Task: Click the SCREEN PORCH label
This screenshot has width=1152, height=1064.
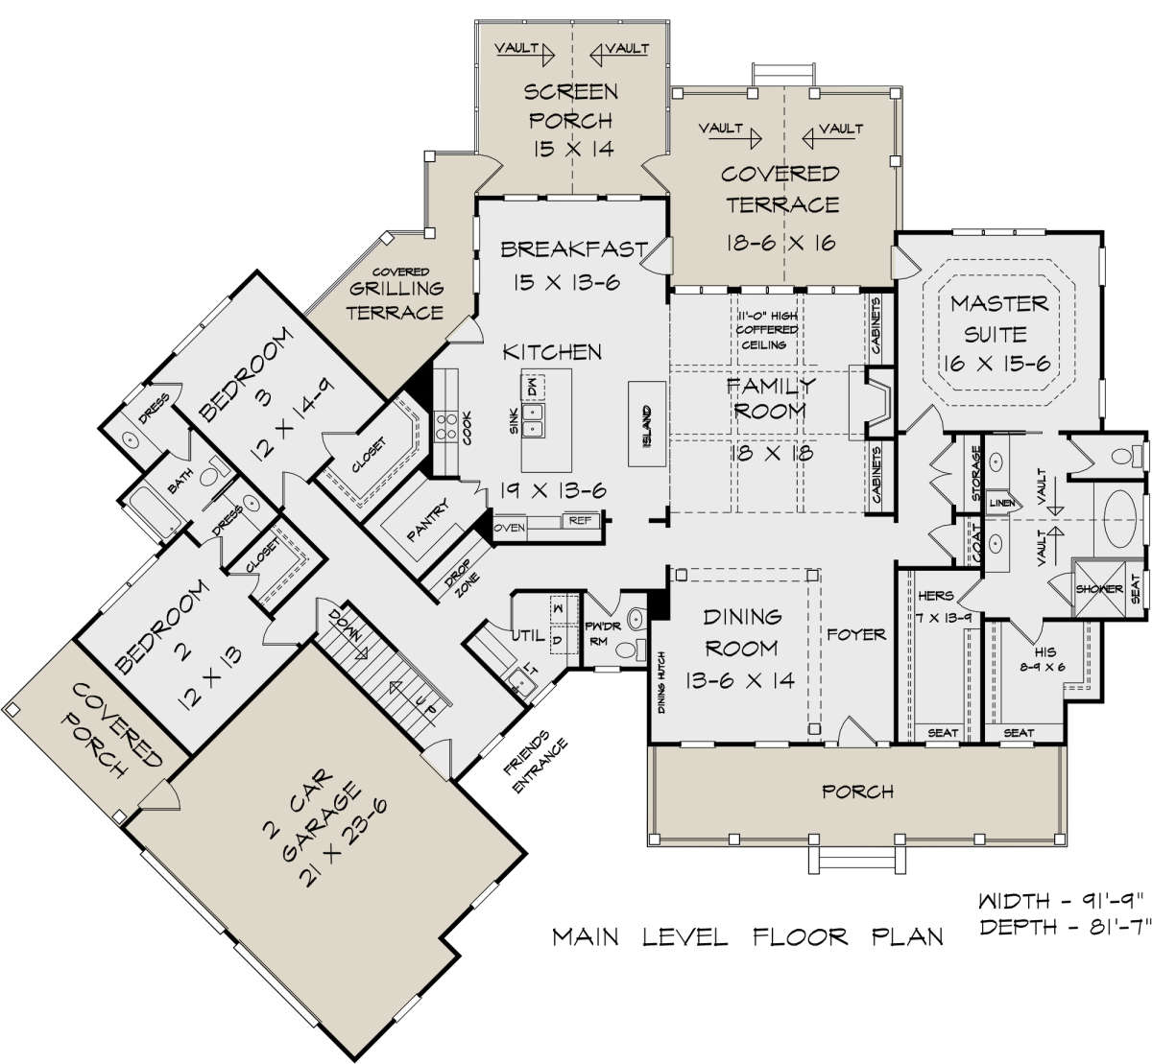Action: tap(571, 106)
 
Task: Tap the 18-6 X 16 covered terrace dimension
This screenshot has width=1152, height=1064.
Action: tap(780, 243)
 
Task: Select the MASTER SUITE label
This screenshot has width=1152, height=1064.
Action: tap(998, 319)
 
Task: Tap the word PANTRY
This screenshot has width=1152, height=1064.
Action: tap(428, 520)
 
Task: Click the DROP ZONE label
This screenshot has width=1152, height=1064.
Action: tap(462, 580)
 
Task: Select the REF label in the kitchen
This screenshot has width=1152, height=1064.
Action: tap(580, 520)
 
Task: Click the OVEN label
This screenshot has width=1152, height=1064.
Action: tap(510, 528)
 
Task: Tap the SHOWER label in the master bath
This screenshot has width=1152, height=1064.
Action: tap(1099, 588)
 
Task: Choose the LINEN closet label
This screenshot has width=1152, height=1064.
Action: tap(1002, 503)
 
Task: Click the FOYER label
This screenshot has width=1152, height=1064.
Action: tap(856, 634)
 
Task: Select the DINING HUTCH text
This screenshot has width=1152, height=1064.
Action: tap(661, 682)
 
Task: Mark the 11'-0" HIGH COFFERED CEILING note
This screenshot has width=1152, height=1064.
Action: tap(767, 330)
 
